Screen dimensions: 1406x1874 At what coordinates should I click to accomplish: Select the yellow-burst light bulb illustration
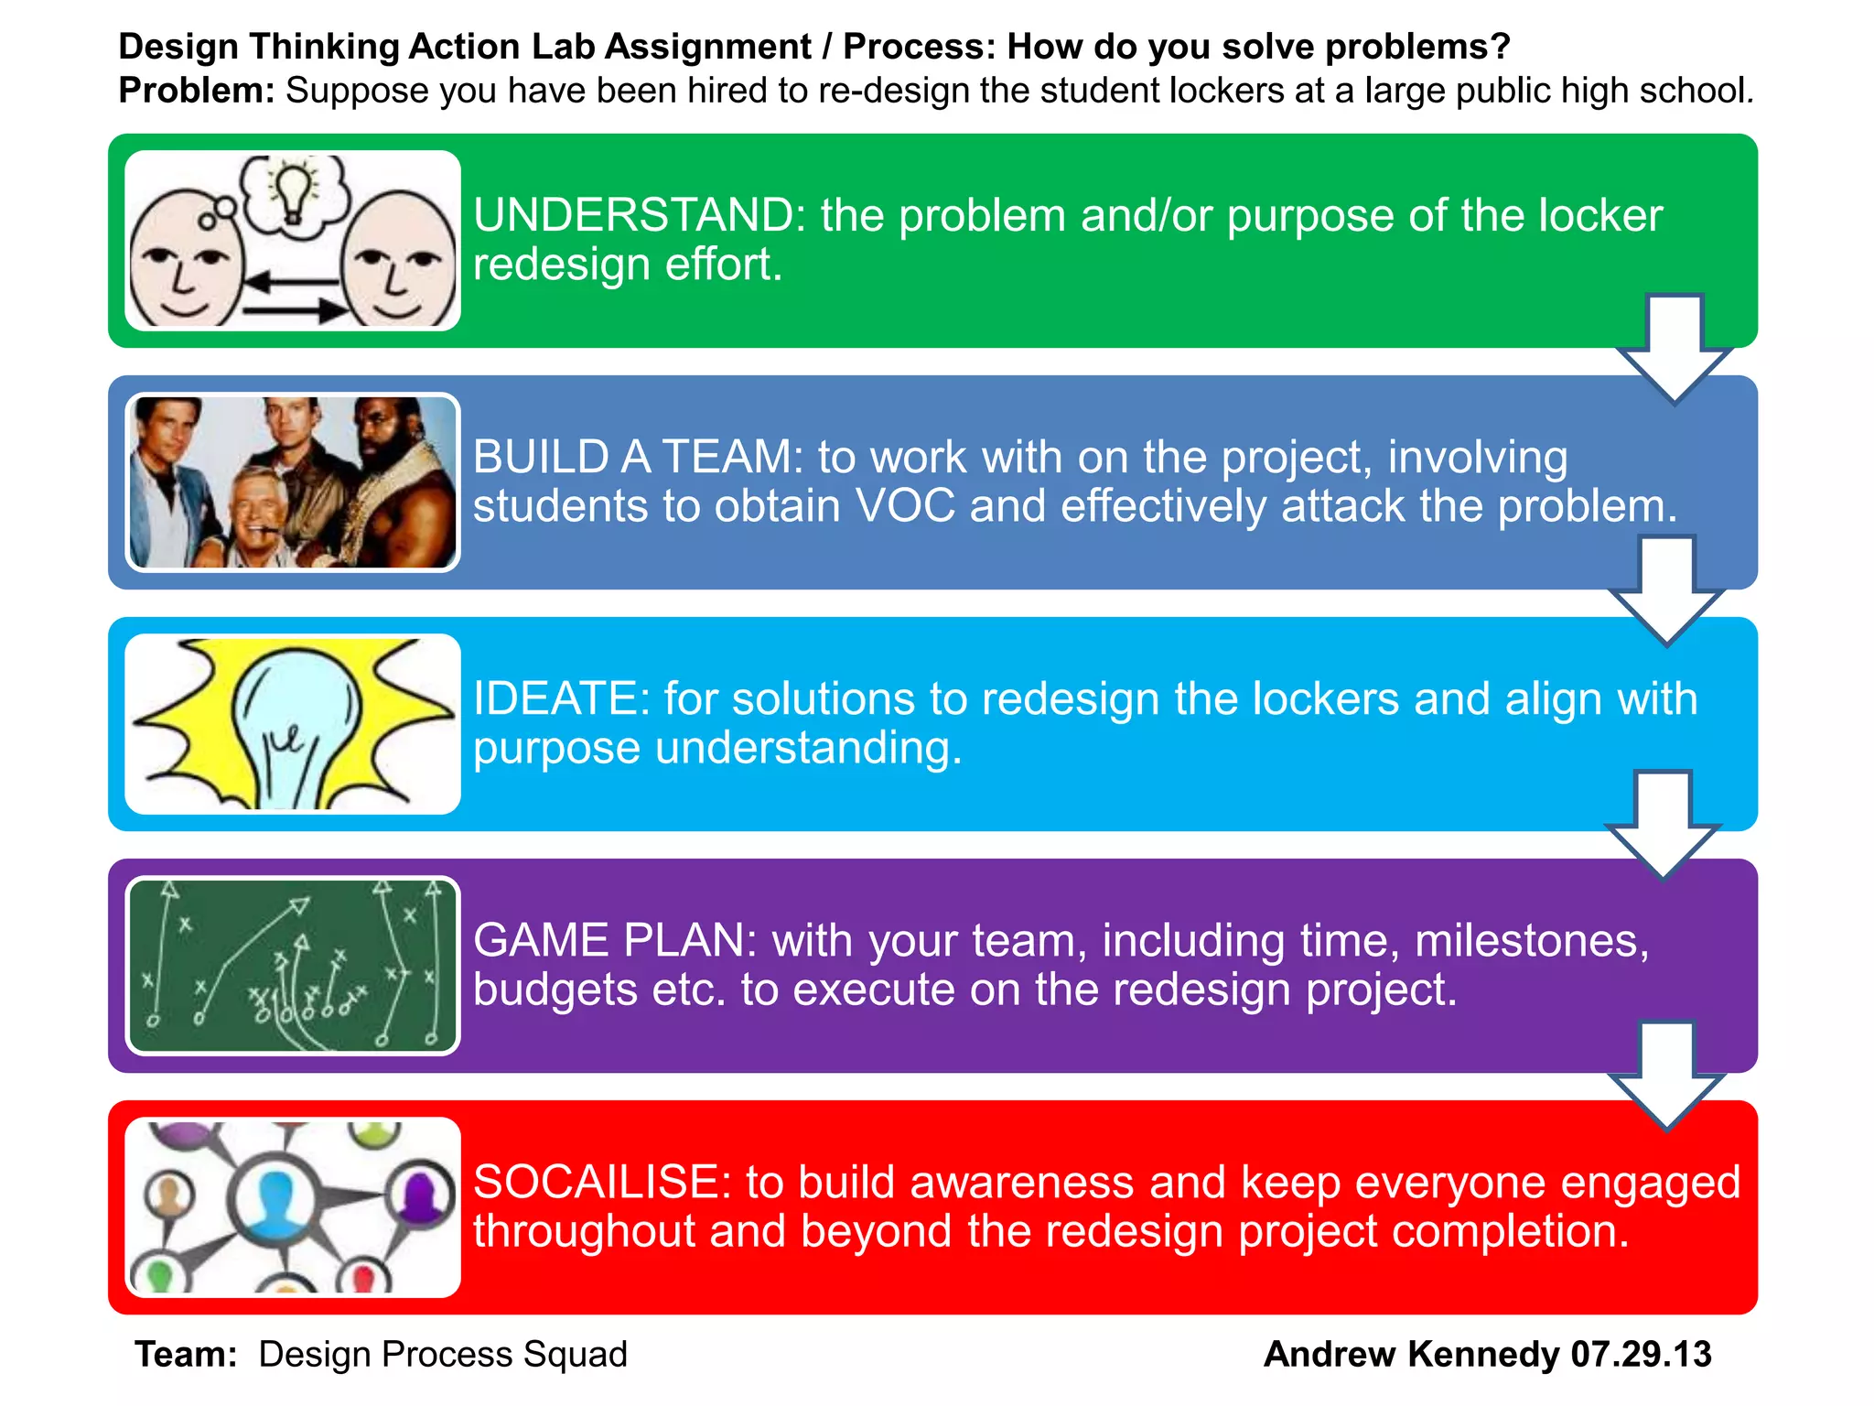[292, 723]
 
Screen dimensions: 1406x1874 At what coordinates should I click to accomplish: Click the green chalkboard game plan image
[292, 965]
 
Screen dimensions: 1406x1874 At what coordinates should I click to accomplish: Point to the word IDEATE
[561, 699]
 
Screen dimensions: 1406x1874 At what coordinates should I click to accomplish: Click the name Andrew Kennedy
[1410, 1355]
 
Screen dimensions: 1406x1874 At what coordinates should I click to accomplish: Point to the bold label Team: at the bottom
[186, 1355]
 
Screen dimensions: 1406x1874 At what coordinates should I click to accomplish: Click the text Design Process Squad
[443, 1355]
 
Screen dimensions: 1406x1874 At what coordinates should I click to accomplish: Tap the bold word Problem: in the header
[197, 91]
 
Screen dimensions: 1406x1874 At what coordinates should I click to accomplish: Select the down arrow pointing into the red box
[1666, 1076]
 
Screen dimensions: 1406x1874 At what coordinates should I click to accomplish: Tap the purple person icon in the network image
[420, 1195]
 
